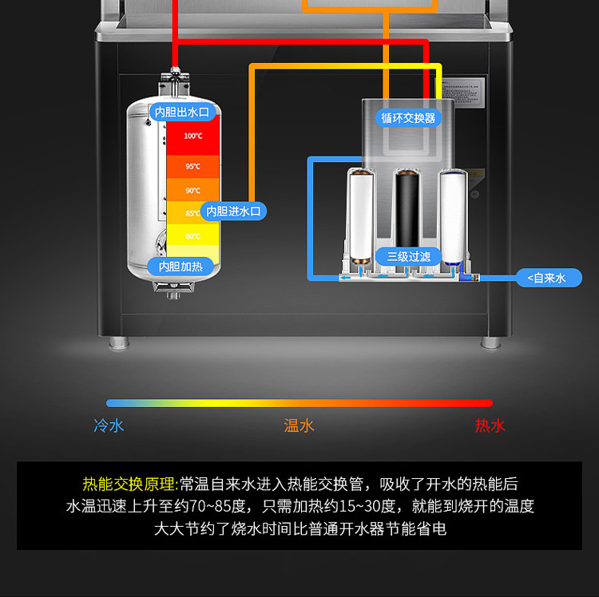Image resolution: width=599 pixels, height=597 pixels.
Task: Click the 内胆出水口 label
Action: tap(182, 113)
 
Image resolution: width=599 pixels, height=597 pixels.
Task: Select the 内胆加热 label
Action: tap(180, 266)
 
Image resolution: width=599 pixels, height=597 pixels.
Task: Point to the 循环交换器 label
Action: tap(408, 117)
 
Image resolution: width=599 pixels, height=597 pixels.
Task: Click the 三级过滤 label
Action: tap(408, 256)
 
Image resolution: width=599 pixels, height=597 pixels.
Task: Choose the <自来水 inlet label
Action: tap(548, 278)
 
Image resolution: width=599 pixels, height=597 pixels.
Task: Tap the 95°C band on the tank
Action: tap(192, 166)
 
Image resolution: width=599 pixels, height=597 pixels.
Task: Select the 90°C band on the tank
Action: tap(192, 190)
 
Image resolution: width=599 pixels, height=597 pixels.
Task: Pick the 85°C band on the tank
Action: tap(192, 213)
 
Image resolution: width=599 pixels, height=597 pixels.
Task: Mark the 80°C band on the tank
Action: tap(192, 236)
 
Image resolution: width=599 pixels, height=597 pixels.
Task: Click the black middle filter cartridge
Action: tap(408, 209)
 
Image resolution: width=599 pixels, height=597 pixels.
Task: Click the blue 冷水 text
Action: tap(109, 425)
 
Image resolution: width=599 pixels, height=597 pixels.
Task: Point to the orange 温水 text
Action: tap(299, 425)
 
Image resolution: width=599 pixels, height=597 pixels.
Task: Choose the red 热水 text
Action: tap(490, 425)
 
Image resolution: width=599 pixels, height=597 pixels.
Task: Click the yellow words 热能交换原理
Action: tap(130, 484)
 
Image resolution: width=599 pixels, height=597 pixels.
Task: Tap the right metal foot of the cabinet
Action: tap(487, 344)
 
